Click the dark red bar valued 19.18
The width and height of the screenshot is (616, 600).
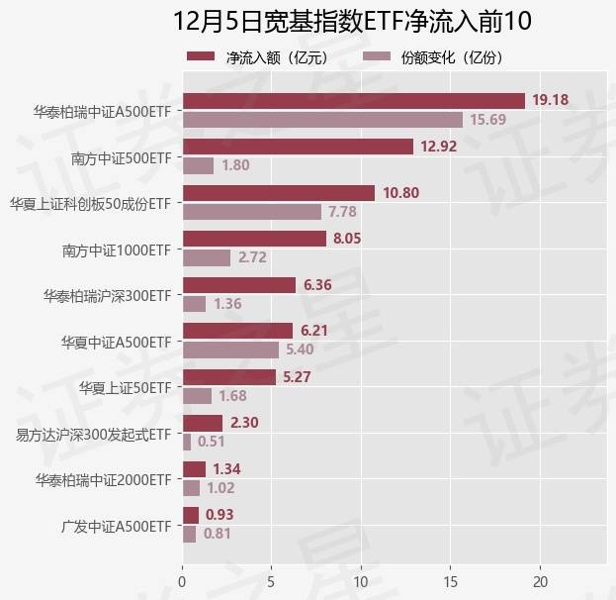353,101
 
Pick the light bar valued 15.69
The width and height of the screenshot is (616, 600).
322,120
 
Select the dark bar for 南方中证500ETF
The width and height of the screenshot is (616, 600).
298,147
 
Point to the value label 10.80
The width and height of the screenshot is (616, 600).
402,193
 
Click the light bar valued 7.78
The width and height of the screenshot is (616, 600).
252,212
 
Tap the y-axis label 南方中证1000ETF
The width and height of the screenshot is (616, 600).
117,249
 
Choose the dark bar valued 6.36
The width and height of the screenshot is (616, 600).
238,285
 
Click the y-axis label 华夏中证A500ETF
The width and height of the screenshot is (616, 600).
117,341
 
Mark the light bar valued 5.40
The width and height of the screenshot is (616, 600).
230,350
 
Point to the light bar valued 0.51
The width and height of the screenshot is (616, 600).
187,442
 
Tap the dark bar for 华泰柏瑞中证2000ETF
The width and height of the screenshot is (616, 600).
194,469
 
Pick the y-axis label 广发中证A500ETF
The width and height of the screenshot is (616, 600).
117,525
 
